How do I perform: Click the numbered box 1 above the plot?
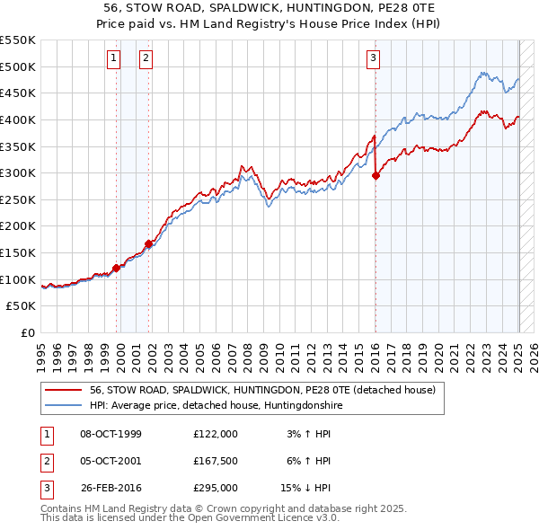(x=115, y=59)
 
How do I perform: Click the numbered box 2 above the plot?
(x=146, y=59)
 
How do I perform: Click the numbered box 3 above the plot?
(x=373, y=59)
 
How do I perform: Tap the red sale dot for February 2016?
(x=376, y=176)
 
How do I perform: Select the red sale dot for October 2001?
(x=149, y=243)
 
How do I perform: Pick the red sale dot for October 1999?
(x=117, y=268)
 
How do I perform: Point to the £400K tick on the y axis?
(x=18, y=119)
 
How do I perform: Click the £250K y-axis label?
(x=18, y=199)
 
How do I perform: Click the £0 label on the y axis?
(x=29, y=332)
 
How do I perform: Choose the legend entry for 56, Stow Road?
(x=262, y=390)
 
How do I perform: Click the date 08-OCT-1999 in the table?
(x=110, y=434)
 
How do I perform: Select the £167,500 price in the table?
(x=215, y=461)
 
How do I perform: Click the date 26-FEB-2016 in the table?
(x=110, y=488)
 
